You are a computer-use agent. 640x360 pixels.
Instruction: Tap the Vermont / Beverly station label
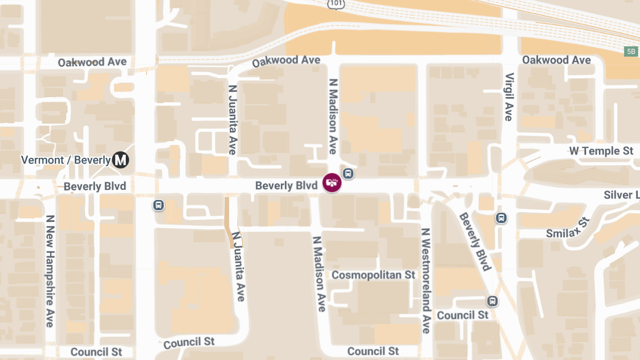click(66, 159)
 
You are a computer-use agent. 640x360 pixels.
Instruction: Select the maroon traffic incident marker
click(332, 183)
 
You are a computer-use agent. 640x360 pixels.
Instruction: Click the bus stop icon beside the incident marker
click(348, 173)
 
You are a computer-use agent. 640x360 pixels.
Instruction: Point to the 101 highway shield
click(337, 4)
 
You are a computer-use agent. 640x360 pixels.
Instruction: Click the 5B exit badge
click(631, 51)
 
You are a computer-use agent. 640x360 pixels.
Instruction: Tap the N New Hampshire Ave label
click(50, 271)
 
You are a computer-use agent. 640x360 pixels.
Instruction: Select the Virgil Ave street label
click(509, 97)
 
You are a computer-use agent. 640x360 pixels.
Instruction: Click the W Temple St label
click(601, 151)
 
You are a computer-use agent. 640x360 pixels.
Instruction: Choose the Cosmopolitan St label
click(373, 275)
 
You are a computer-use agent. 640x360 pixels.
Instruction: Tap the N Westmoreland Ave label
click(426, 281)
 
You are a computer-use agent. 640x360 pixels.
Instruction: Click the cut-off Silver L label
click(621, 195)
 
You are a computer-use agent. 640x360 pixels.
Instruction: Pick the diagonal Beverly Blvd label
click(475, 241)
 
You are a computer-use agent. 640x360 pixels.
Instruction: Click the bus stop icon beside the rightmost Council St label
click(493, 301)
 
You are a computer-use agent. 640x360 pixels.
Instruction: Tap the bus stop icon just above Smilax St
click(501, 218)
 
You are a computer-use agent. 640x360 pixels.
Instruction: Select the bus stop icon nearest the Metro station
click(158, 205)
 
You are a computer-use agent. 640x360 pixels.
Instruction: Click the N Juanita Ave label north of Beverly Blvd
click(233, 119)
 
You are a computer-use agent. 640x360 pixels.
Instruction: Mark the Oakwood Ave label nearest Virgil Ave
click(556, 60)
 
